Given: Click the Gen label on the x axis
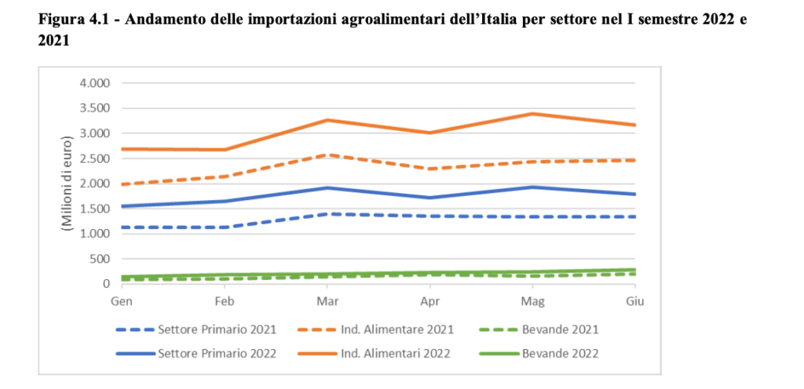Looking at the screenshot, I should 121,300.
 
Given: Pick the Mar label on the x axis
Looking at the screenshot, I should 327,300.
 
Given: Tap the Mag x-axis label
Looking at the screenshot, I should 532,300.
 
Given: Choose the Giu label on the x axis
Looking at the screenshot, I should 634,300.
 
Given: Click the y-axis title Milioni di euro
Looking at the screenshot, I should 67,184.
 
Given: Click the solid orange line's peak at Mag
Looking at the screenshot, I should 532,114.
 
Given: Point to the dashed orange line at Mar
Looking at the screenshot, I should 327,155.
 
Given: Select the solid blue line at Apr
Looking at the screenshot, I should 429,198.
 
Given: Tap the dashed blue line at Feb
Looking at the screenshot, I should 224,227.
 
